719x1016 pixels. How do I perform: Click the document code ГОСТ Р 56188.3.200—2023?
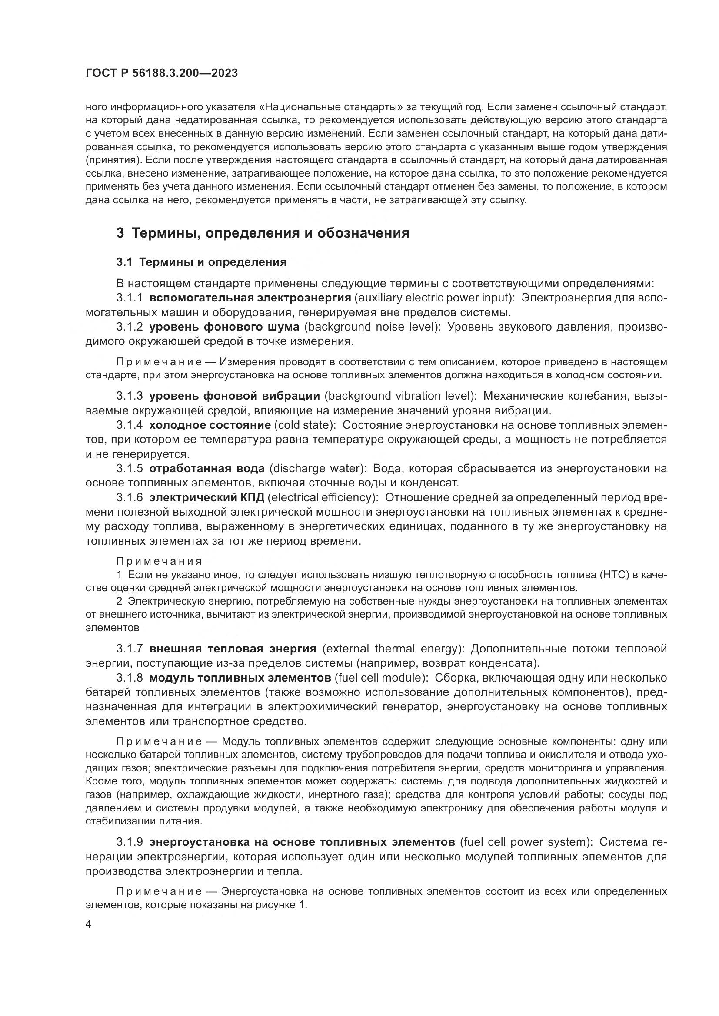(x=162, y=73)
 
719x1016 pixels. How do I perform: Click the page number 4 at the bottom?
(x=89, y=924)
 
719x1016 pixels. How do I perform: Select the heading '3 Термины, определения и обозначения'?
(x=263, y=233)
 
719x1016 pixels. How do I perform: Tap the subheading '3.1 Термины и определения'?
(x=201, y=262)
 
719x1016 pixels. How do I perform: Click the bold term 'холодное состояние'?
(x=210, y=425)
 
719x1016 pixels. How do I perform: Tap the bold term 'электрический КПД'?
(x=207, y=498)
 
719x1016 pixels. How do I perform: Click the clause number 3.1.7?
(x=129, y=649)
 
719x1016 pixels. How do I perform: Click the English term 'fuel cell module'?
(x=380, y=678)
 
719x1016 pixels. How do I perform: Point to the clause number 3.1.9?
(x=129, y=842)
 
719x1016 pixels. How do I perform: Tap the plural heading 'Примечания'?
(x=159, y=562)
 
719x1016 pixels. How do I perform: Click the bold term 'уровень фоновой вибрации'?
(x=235, y=396)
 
